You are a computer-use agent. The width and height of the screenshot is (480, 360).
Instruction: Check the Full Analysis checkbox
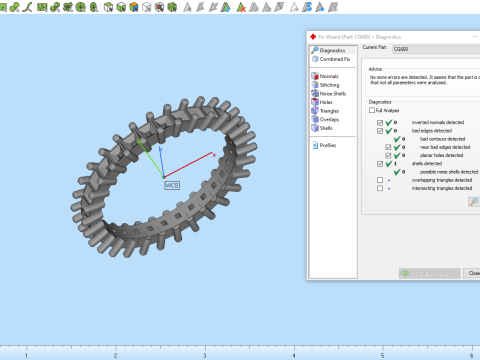[x=372, y=109]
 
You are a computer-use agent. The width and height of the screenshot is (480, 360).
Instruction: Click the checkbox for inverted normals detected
[x=379, y=122]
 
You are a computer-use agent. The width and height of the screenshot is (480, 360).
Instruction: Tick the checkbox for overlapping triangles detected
[x=379, y=180]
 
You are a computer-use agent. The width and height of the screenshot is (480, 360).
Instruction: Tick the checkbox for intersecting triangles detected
[x=379, y=188]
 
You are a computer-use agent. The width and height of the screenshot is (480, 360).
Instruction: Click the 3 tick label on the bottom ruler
[x=205, y=355]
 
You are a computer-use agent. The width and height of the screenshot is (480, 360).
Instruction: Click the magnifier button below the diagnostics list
[x=472, y=201]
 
